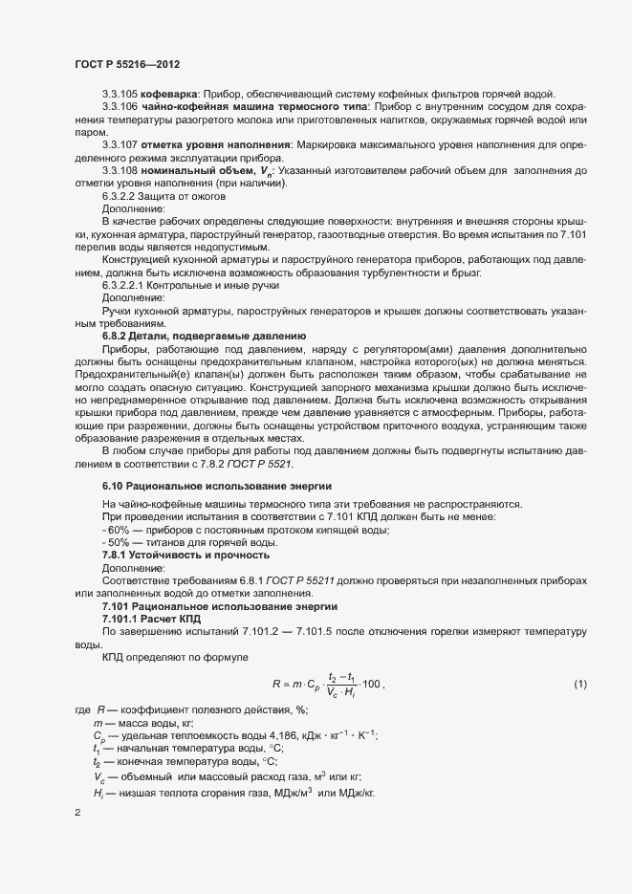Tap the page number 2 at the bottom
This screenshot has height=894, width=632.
point(77,815)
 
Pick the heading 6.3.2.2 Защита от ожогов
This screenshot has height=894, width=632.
point(163,195)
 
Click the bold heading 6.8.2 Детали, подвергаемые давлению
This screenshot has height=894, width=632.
point(204,336)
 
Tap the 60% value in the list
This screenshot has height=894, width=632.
point(118,531)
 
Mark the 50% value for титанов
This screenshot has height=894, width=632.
point(118,543)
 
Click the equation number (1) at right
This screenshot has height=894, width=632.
point(579,684)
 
